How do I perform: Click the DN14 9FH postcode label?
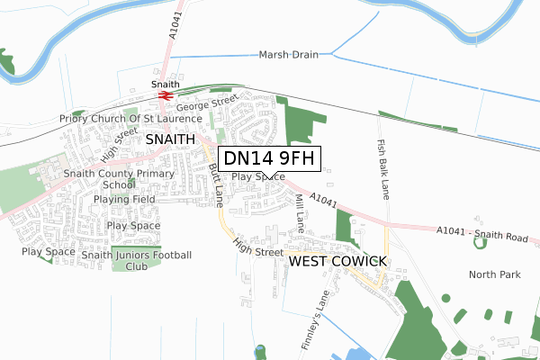270,159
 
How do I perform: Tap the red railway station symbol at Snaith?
165,94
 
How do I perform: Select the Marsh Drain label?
289,54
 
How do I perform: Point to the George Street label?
206,104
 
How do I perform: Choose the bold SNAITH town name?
169,139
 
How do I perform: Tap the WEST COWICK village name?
337,261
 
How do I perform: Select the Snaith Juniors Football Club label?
137,261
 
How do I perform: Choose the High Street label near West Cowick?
257,247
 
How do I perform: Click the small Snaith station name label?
165,84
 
